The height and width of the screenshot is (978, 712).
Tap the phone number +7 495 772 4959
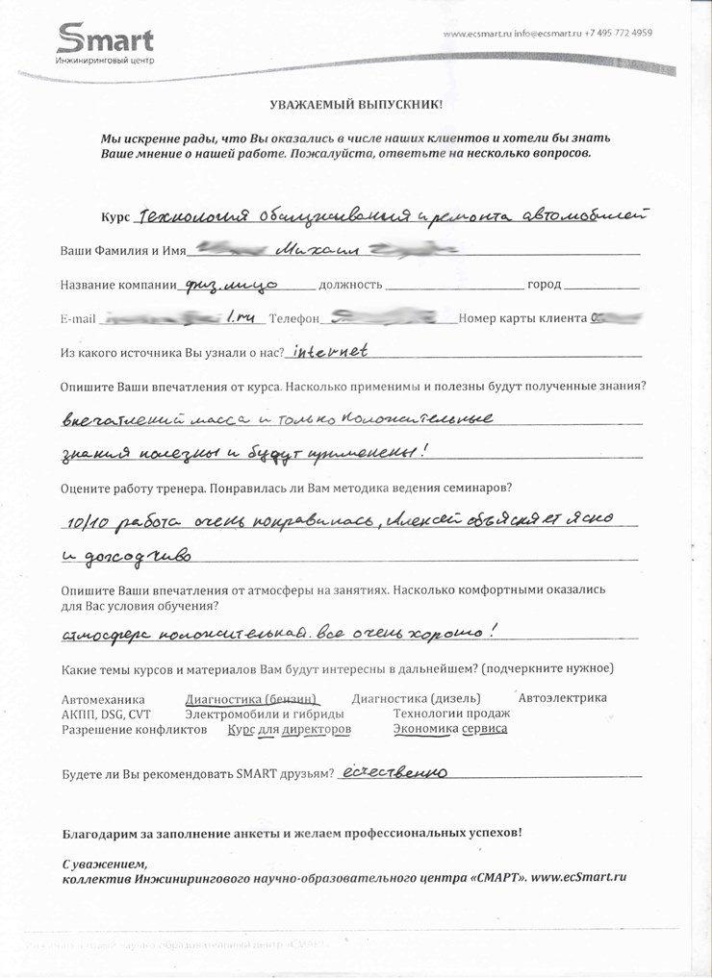(619, 33)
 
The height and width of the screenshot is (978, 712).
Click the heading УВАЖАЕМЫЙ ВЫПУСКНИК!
(355, 102)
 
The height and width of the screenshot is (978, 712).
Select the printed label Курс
(114, 216)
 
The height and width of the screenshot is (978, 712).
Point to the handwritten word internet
(330, 352)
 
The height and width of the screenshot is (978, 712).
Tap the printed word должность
(350, 286)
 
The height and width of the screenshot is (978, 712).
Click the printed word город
(545, 286)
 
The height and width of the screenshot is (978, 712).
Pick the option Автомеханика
(102, 699)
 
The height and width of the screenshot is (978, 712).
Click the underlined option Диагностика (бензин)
(251, 699)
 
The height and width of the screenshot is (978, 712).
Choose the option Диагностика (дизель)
(416, 699)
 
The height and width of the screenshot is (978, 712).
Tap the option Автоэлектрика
(562, 698)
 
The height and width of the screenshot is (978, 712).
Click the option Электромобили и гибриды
(264, 715)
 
